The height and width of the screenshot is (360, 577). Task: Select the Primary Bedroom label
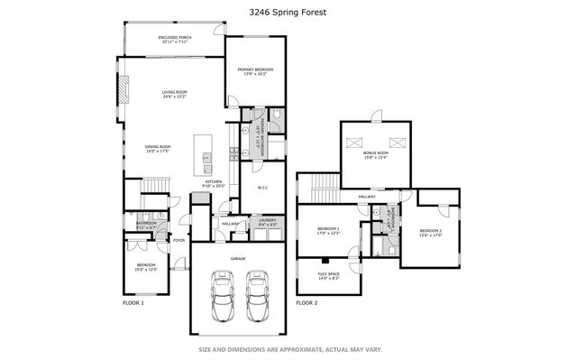[255, 71]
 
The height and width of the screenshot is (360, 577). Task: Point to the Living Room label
[173, 94]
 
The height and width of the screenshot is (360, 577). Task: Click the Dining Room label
[158, 149]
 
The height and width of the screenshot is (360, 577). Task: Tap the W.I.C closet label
[262, 188]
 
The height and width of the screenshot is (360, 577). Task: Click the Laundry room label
[267, 221]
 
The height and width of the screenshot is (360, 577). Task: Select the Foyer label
[179, 240]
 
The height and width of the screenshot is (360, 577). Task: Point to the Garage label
[237, 258]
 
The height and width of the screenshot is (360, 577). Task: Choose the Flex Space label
[328, 276]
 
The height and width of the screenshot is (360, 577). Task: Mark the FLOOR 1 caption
[133, 303]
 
